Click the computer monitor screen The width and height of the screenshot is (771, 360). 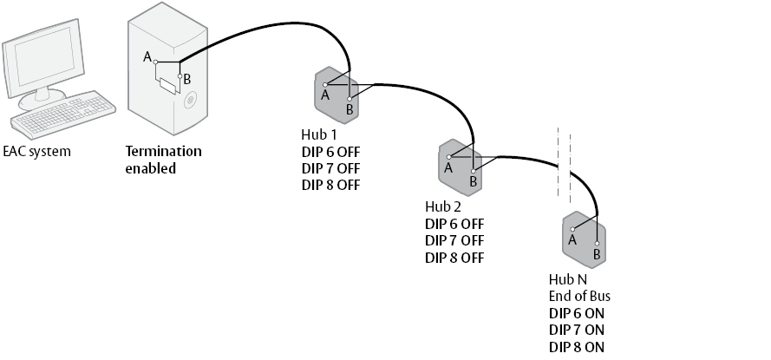44,56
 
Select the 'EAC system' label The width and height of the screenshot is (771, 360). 37,152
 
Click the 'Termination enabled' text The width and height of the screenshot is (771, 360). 163,160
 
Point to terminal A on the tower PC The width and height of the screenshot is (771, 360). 156,62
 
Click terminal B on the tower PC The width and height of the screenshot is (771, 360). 180,76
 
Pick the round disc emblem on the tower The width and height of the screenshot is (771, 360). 190,101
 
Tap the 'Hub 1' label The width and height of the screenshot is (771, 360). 318,134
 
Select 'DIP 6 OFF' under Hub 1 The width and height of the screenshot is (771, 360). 331,152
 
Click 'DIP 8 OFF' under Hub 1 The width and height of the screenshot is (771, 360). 331,185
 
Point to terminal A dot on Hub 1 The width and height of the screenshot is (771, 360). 325,85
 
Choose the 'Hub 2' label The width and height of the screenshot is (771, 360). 443,206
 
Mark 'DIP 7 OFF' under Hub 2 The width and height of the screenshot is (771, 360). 454,240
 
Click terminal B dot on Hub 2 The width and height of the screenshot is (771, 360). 473,172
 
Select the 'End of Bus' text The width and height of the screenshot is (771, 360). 579,296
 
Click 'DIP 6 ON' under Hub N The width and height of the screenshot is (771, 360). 577,313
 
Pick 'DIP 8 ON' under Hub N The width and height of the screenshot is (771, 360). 577,347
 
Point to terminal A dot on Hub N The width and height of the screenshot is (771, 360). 572,229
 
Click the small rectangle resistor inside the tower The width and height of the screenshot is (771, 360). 168,86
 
